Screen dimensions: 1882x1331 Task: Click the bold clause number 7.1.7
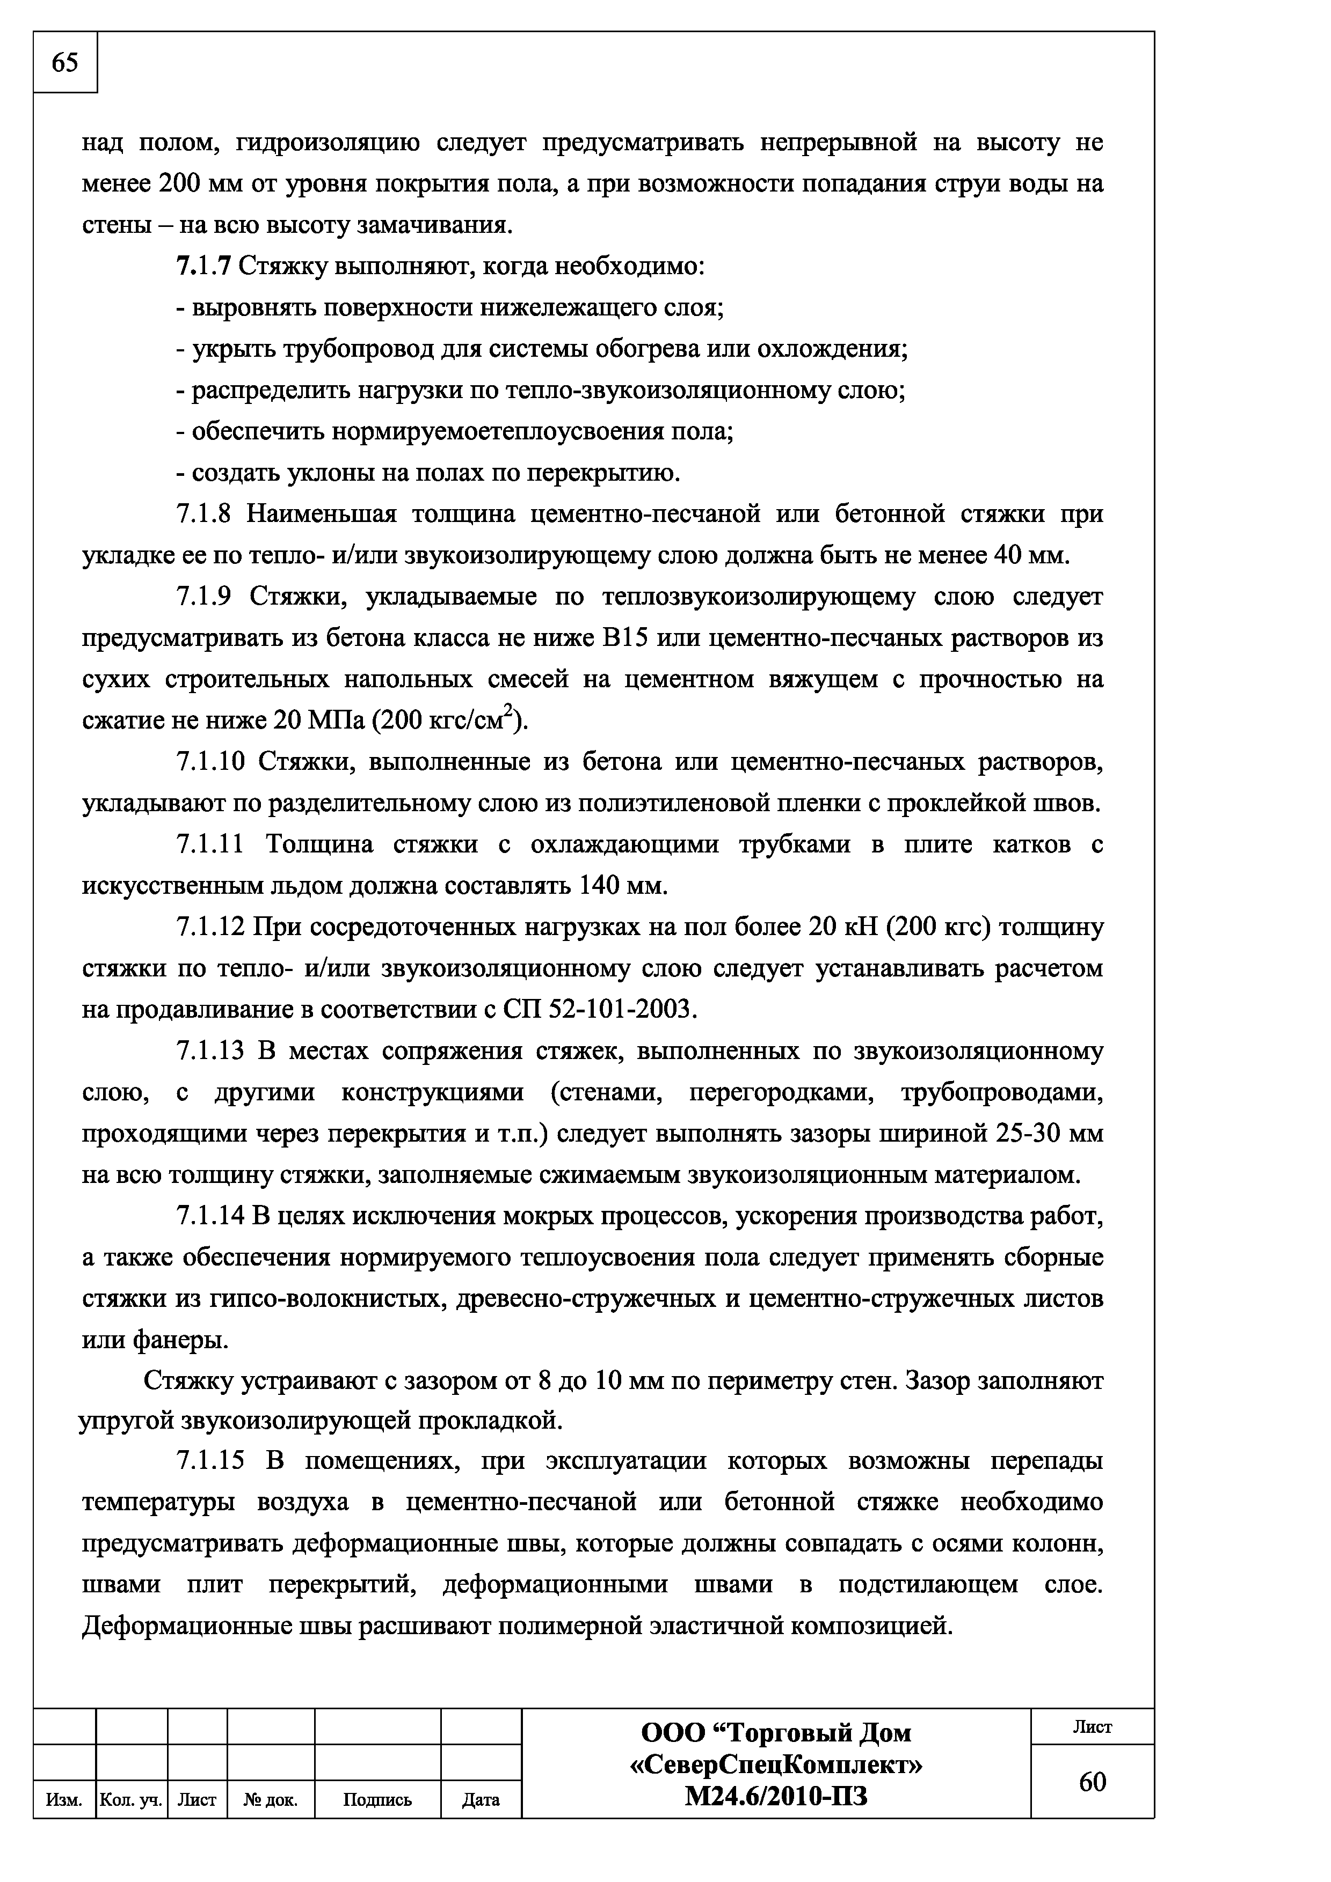203,267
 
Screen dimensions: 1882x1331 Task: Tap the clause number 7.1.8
204,514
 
